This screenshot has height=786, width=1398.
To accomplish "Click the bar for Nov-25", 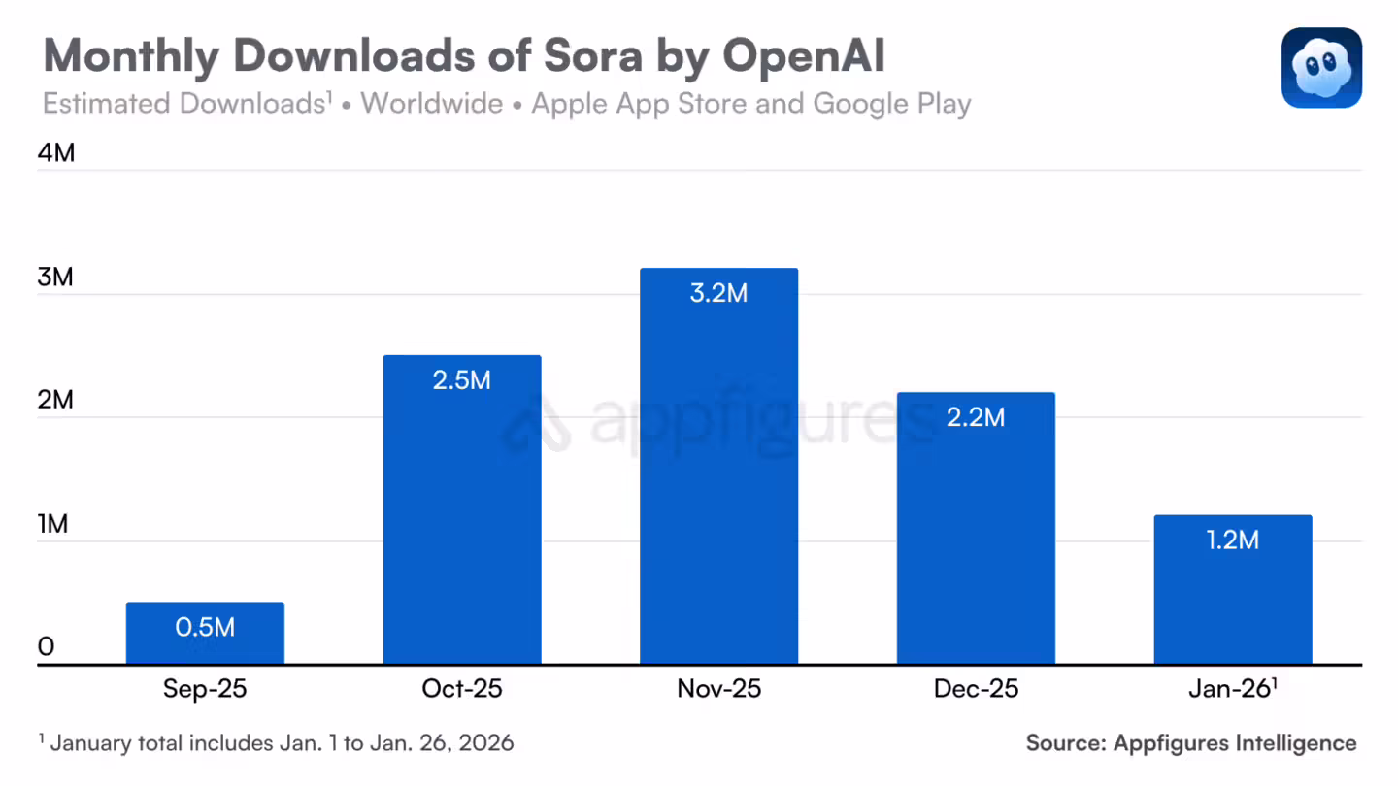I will coord(718,485).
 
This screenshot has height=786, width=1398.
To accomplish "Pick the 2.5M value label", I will coord(462,379).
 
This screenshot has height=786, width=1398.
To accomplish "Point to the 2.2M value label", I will coord(976,417).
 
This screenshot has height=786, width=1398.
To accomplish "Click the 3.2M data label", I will coord(718,293).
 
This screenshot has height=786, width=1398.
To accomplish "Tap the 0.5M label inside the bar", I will coord(205,627).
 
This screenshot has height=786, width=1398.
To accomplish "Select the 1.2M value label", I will coord(1232,540).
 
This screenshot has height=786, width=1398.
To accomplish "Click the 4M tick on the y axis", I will coord(56,153).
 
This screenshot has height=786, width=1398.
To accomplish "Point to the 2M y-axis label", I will coord(56,400).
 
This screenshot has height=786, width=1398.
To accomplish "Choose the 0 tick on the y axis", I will coord(47,647).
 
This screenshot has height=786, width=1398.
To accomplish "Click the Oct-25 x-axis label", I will coord(462,689).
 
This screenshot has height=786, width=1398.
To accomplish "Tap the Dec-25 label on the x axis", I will coord(976,689).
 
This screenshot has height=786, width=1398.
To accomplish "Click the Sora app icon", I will coord(1321,67).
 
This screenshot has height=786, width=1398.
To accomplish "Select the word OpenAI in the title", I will coord(804,57).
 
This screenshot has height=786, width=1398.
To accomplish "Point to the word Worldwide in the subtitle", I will coord(432,104).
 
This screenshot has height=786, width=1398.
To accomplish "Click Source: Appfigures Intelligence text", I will coord(1191,743).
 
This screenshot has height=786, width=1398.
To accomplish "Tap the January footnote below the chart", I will coord(277,743).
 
